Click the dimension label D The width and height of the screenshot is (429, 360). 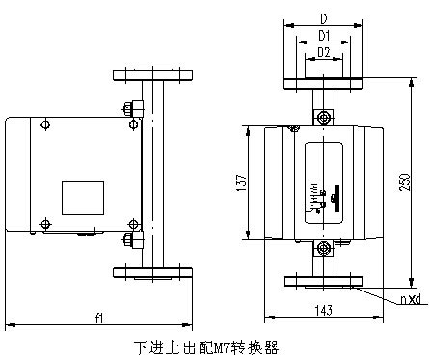(323, 17)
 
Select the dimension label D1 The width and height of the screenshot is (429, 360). (324, 36)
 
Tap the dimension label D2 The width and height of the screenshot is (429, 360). (324, 52)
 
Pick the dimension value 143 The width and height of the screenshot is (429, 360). (324, 311)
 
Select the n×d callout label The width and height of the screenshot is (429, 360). (409, 298)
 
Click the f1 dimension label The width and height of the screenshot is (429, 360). (99, 318)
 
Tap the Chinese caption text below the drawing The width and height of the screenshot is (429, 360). (205, 345)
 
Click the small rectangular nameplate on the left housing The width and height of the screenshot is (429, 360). (82, 197)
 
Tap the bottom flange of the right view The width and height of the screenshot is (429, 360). (324, 282)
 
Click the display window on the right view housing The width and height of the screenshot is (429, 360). (323, 181)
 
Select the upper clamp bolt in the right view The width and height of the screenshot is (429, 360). (325, 118)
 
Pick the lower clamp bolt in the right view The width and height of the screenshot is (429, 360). (325, 250)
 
